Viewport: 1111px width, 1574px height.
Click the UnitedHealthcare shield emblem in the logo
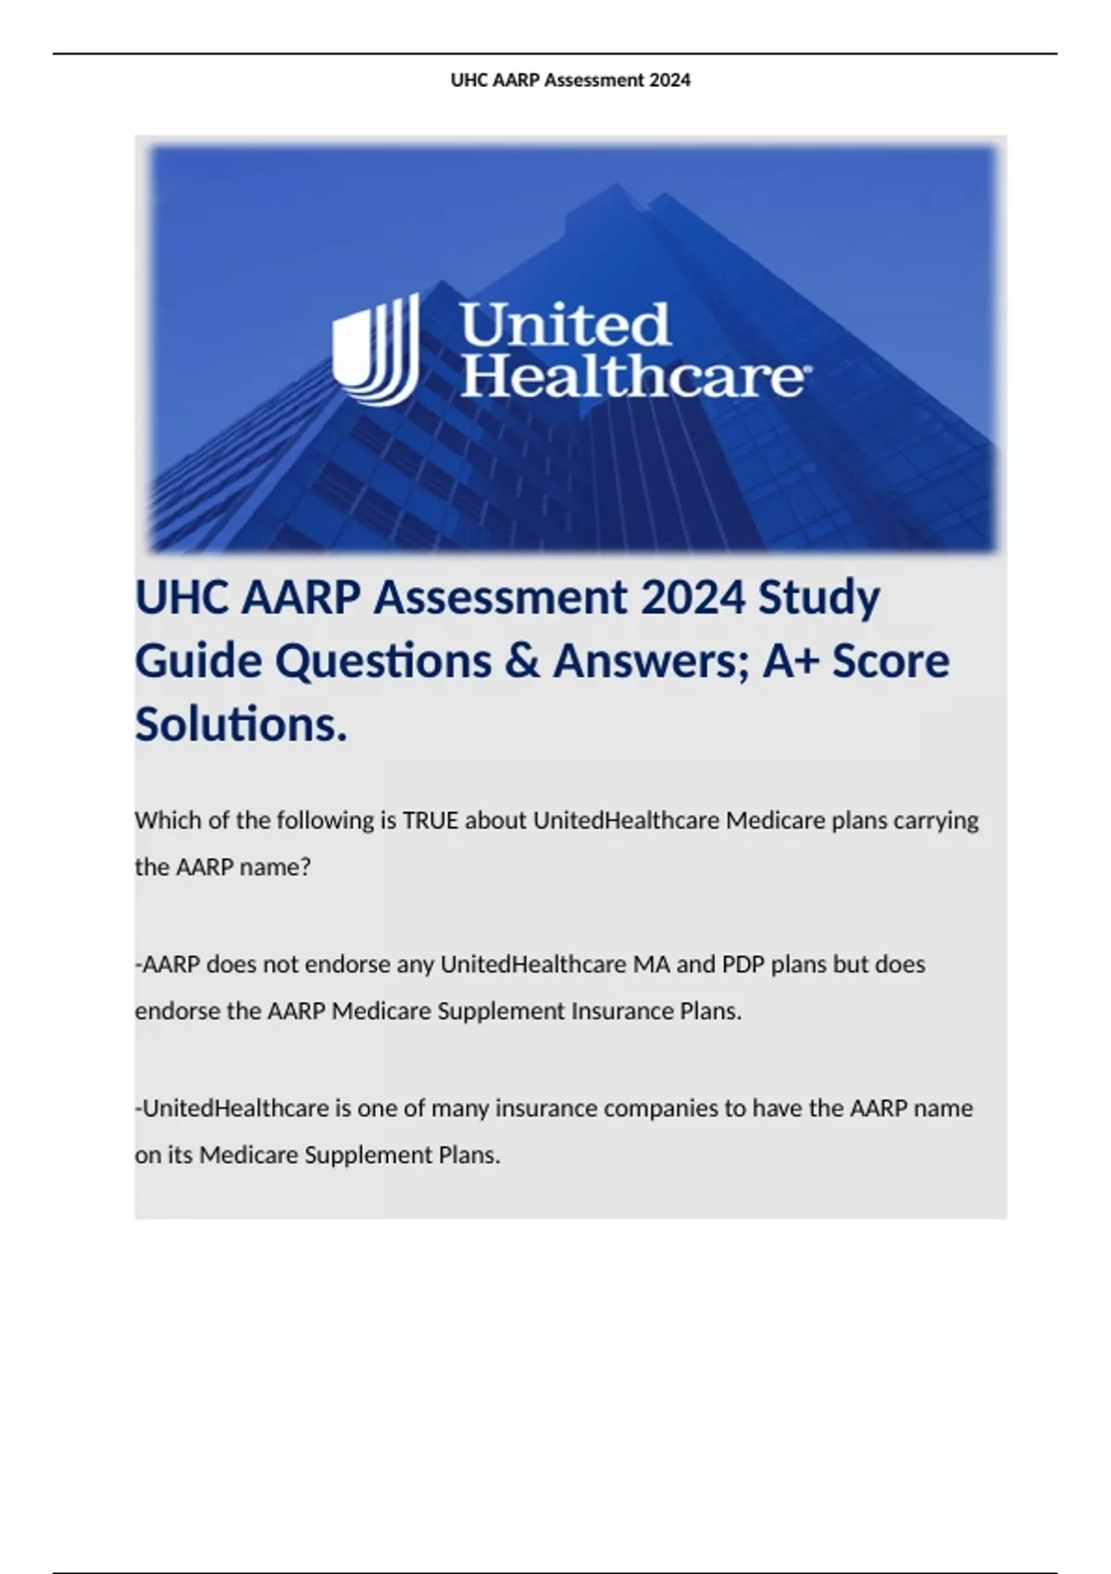pos(375,349)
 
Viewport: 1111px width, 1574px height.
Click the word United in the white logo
pos(565,325)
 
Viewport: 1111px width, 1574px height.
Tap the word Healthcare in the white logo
pos(631,377)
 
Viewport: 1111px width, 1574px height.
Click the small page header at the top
pos(570,81)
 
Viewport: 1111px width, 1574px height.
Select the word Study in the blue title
pos(818,598)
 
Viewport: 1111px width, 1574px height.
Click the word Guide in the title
pos(198,661)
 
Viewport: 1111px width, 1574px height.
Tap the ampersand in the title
pos(522,661)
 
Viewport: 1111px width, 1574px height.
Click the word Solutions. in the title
pos(241,724)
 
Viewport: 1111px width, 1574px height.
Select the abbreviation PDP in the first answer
pos(743,965)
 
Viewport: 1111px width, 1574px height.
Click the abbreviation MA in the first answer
pos(651,965)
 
